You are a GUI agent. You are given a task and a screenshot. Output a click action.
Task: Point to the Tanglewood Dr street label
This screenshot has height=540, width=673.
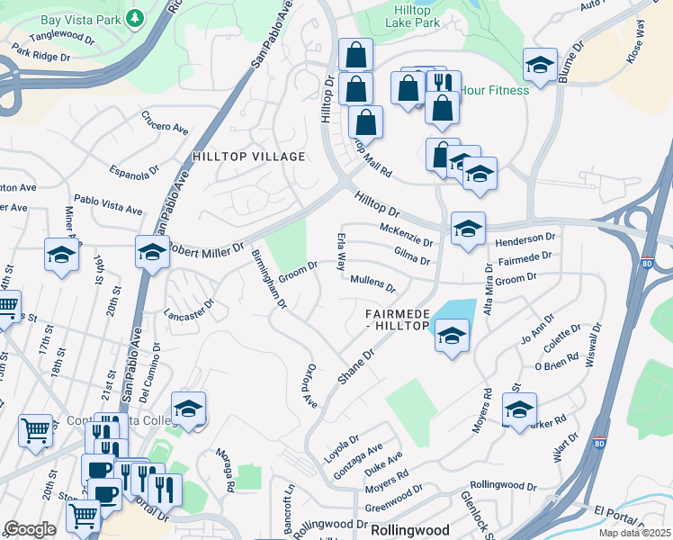62,39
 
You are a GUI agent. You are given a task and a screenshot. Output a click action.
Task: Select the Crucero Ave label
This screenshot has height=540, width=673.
164,121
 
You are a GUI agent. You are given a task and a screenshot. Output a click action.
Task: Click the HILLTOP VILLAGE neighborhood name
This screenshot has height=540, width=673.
249,157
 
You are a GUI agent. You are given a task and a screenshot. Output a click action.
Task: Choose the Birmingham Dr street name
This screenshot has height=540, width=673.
269,279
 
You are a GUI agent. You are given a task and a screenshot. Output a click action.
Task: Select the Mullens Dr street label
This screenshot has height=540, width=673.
372,284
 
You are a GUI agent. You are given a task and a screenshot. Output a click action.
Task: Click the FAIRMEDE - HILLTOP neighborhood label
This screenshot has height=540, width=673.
396,319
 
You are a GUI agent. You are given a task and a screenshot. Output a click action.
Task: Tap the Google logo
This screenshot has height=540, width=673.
31,529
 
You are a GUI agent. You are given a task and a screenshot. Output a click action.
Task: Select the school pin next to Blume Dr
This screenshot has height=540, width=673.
540,65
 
